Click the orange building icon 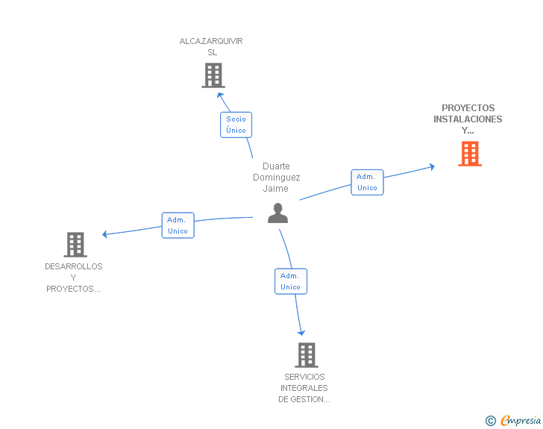click(x=469, y=154)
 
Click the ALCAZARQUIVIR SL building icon click(x=213, y=75)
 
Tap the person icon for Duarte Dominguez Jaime click(x=277, y=213)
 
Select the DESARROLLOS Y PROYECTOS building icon click(x=75, y=244)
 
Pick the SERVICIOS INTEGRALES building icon click(x=306, y=355)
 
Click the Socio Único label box click(x=236, y=125)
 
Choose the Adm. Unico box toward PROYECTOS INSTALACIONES click(x=367, y=182)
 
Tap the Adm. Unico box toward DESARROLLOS click(x=178, y=225)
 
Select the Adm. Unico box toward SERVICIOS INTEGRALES click(x=290, y=281)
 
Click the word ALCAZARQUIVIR click(x=211, y=41)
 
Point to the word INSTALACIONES click(x=468, y=119)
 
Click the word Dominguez click(x=276, y=178)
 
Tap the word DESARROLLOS click(x=74, y=266)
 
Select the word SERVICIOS click(x=304, y=377)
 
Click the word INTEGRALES click(x=304, y=388)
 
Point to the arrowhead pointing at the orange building click(x=431, y=166)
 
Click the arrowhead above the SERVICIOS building click(x=301, y=333)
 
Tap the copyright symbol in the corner click(x=490, y=421)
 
